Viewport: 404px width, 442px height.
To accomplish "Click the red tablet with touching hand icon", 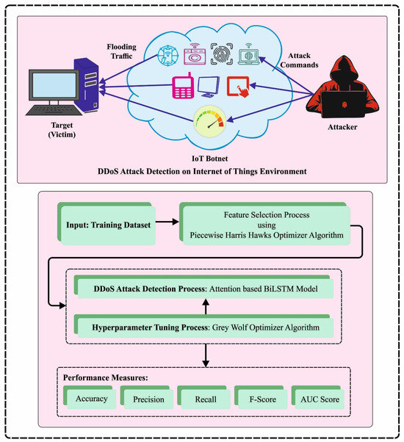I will point(239,87).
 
